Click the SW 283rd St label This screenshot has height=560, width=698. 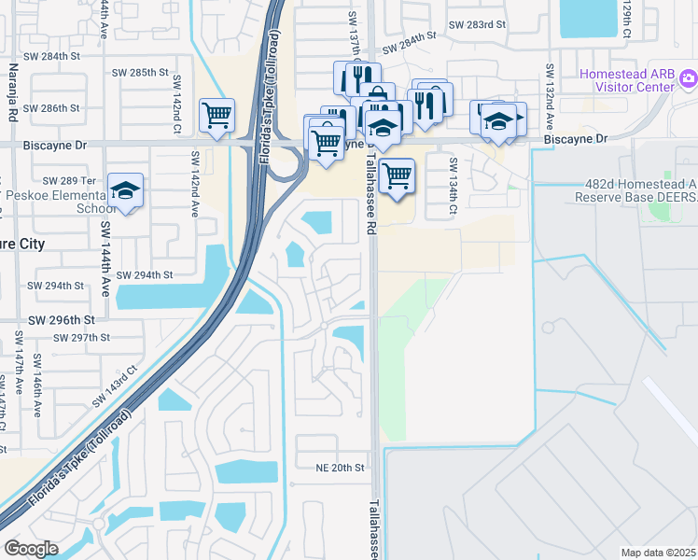pos(476,26)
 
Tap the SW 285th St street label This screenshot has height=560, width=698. pos(140,72)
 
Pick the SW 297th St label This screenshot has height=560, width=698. pos(82,337)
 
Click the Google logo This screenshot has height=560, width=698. pos(31,549)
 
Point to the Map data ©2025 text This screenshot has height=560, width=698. pos(658,553)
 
